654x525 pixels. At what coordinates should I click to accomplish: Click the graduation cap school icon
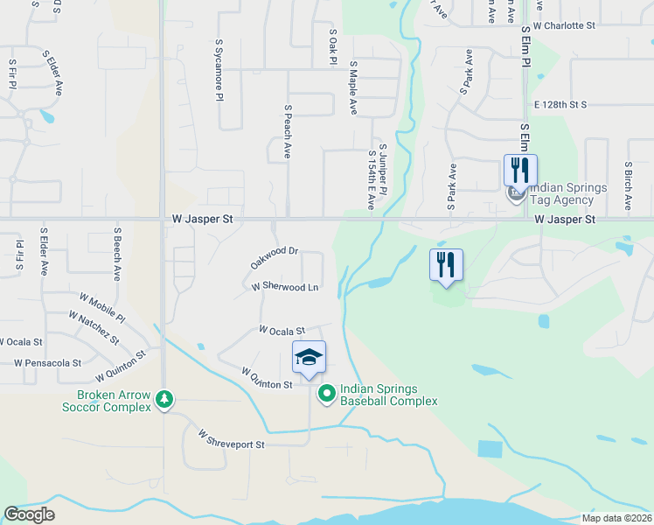309,357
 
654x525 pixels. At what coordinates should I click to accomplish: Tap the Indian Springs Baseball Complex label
388,395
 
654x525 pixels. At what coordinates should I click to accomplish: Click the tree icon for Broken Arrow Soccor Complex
163,400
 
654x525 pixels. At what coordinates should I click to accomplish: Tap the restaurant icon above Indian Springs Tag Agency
520,168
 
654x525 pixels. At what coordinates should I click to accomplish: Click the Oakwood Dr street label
275,257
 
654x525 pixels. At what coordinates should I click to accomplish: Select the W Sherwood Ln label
284,287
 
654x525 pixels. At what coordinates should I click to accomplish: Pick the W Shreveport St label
231,439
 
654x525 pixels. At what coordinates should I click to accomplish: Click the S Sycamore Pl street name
219,70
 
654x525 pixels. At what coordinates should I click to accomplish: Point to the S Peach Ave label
287,131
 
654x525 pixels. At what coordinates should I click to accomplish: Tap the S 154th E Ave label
371,179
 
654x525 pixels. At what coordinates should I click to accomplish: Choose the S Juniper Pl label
383,164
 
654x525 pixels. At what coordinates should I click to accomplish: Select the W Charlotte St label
564,25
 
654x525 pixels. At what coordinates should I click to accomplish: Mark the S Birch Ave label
628,185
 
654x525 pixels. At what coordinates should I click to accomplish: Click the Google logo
29,514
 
